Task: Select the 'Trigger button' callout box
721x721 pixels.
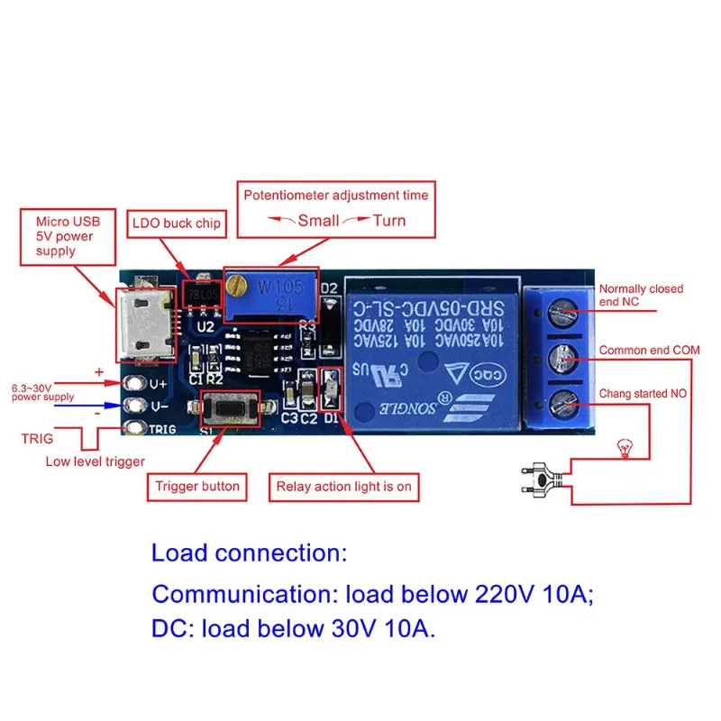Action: [x=197, y=487]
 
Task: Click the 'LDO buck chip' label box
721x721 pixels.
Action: [x=176, y=223]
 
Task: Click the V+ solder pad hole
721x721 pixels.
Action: [x=137, y=384]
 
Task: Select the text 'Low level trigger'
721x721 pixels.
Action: [x=96, y=462]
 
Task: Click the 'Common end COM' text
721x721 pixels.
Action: [x=649, y=351]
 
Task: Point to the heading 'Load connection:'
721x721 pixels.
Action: [x=249, y=552]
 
